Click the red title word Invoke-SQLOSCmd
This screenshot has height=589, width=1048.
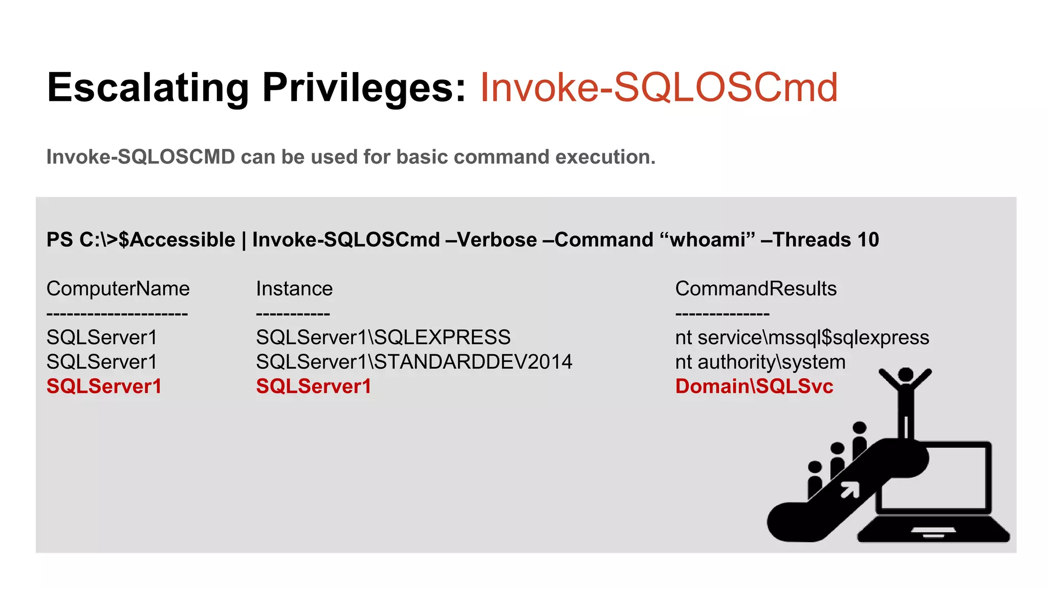click(659, 88)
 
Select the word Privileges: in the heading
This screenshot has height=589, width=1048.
click(364, 88)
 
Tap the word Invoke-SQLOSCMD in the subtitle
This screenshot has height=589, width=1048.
click(141, 157)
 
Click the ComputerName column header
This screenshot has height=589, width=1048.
click(118, 289)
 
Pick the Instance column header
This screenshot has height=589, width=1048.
click(294, 289)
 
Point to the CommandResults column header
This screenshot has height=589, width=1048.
click(756, 289)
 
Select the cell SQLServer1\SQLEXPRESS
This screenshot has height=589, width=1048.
click(383, 337)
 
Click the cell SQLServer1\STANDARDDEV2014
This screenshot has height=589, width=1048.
click(414, 362)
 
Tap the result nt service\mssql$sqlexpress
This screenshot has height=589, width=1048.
click(802, 337)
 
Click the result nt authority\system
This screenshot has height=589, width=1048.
click(760, 362)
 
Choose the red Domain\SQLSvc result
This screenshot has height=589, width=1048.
click(754, 387)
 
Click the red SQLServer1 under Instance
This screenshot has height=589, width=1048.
click(314, 387)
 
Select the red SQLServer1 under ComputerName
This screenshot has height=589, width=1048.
click(104, 387)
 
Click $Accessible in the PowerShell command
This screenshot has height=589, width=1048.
click(177, 240)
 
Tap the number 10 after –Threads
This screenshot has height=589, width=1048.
click(868, 240)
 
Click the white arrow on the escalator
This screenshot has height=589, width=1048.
click(850, 490)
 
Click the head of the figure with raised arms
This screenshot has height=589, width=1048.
click(906, 375)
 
